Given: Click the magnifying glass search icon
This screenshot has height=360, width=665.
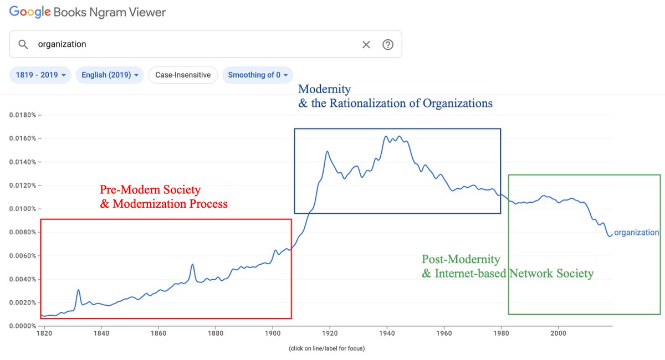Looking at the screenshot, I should (23, 44).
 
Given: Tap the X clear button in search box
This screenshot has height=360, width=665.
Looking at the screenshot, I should (366, 44).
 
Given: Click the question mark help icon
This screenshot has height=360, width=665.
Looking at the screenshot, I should (388, 44).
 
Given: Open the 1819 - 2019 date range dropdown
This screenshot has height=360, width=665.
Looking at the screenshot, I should (40, 75).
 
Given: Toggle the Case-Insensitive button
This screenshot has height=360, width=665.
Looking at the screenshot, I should (183, 75).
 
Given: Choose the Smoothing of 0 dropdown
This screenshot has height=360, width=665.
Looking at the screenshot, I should (258, 75).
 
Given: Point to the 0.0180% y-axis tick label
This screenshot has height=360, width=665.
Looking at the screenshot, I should (23, 115).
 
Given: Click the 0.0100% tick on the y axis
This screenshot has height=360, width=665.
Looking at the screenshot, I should (23, 209).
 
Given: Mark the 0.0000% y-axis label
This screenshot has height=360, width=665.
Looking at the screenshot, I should (23, 326).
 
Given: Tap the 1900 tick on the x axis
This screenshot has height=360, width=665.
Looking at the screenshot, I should (273, 333).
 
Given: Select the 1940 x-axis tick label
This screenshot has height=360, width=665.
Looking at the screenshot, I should (387, 333).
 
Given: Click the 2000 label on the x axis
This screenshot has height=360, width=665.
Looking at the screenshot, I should (558, 333).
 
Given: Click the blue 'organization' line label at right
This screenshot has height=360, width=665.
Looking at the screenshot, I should (636, 233).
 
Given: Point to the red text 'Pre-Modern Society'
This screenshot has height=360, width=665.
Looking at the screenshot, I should (150, 189).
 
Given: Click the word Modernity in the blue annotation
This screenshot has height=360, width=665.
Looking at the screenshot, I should (324, 89).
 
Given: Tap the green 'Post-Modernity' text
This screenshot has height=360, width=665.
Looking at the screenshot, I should (461, 259).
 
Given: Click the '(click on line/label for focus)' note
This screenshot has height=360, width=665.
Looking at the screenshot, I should (326, 348).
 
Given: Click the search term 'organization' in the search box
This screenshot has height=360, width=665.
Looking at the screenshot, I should (62, 44).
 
